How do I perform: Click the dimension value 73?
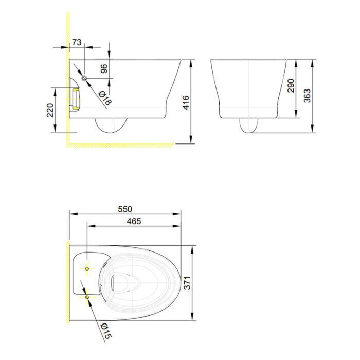77,42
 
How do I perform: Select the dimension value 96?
103,69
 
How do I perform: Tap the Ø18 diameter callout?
104,98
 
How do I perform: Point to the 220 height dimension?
50,110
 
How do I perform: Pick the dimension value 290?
291,85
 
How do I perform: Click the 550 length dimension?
125,209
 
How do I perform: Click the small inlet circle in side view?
84,78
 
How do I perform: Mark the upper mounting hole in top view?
87,268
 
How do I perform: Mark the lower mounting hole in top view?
87,297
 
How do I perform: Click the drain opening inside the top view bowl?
124,282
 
